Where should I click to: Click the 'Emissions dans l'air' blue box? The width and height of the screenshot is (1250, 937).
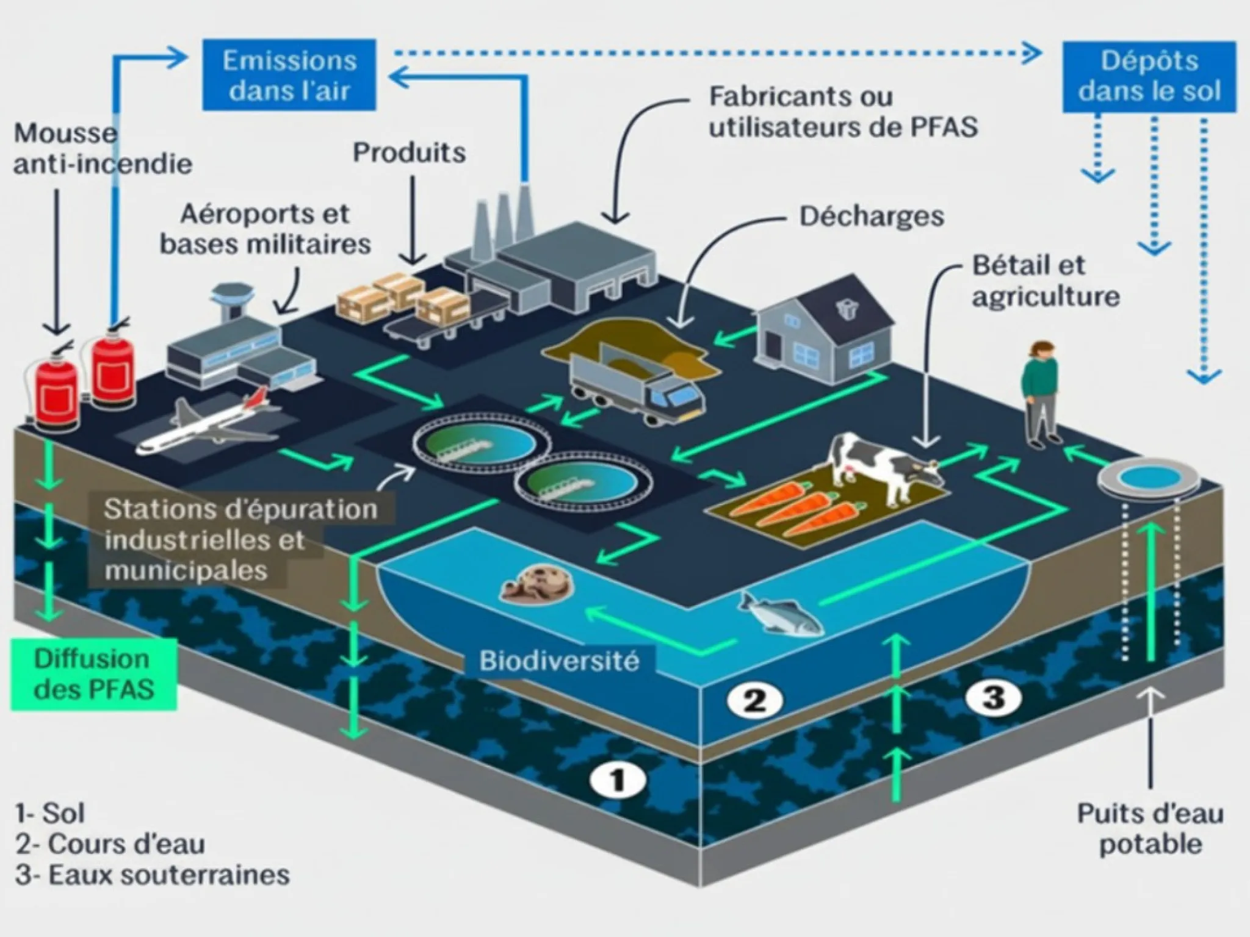pos(289,74)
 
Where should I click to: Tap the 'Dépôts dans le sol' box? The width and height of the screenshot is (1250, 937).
pos(1149,76)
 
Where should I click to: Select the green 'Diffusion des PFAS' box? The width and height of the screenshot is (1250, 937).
pos(93,674)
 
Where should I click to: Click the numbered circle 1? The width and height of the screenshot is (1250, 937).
pos(618,780)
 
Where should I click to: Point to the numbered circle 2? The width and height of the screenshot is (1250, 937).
pos(754,700)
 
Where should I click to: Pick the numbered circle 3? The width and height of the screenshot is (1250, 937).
pos(994,696)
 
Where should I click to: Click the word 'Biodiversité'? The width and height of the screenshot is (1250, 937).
pos(558,661)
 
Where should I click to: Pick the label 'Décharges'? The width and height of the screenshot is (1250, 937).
pos(872,216)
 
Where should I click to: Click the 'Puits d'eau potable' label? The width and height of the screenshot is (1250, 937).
pos(1150,828)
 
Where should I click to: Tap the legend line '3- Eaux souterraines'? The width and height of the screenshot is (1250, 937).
pos(153,875)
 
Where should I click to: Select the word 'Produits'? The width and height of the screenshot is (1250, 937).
pos(409,153)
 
